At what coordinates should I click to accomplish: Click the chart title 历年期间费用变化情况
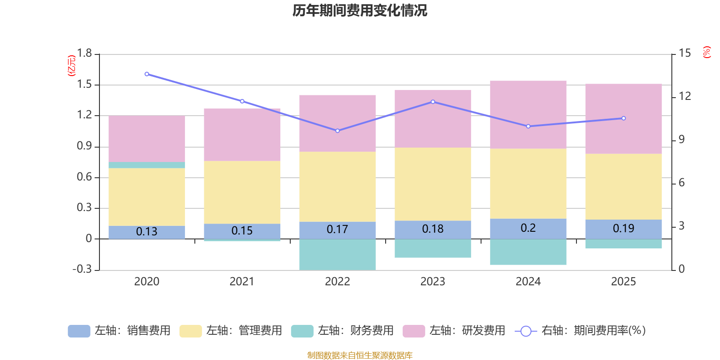pos(360,10)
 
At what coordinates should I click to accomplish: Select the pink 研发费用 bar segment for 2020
pos(147,139)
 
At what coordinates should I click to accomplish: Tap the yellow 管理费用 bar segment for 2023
pos(432,184)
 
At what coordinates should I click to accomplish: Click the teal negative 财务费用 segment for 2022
pos(337,255)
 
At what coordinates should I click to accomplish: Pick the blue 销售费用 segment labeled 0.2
pos(528,229)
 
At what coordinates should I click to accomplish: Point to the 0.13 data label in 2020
pos(147,232)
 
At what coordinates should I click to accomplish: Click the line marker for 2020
pos(147,74)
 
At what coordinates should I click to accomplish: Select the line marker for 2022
pos(337,131)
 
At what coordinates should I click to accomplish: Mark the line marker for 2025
pos(623,118)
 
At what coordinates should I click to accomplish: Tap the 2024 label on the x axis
pos(528,282)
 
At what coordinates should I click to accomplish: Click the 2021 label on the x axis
pos(242,282)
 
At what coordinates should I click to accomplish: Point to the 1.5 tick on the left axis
pos(84,85)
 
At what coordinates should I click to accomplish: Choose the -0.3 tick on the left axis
pos(82,269)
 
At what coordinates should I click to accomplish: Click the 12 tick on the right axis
pos(684,96)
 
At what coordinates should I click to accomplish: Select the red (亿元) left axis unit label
pos(72,66)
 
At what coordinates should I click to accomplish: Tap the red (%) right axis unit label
pos(706,52)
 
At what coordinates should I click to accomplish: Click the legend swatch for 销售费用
pos(79,331)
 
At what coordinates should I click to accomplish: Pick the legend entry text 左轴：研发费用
pos(467,331)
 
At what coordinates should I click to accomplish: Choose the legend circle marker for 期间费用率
pos(526,331)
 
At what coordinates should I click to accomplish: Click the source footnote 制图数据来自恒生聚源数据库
pos(360,355)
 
